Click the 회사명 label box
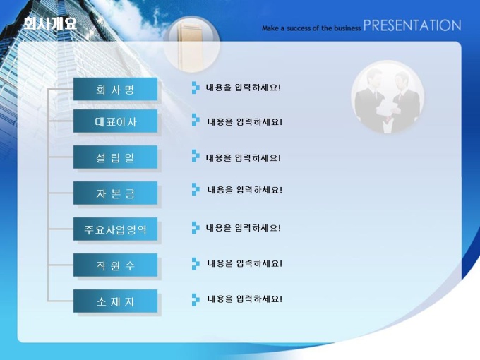pos(115,89)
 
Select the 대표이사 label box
pos(115,121)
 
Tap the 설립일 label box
pos(115,157)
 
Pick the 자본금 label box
pos(115,193)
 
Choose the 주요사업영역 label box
pos(115,229)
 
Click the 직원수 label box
pos(115,265)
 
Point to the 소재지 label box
pos(115,301)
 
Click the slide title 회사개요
pos(50,23)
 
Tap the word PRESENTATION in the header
pos(412,25)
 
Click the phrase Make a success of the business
pos(311,28)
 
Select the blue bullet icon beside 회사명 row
pos(196,88)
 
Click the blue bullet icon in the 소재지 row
pos(196,299)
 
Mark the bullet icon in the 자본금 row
pos(196,189)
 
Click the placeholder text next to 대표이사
pos(245,122)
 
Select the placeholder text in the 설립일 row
pos(243,158)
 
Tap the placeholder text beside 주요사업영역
pos(243,228)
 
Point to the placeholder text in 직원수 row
pos(245,263)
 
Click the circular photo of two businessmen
pos(388,97)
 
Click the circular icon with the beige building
pos(192,44)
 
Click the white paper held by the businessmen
pos(386,112)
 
